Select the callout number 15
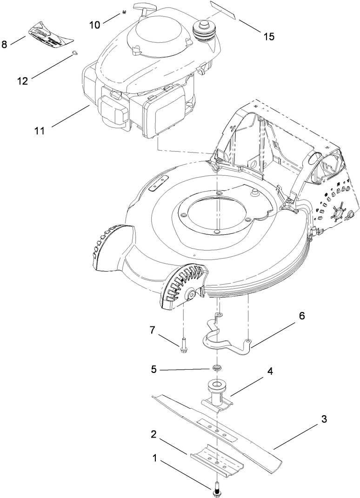[x=269, y=37]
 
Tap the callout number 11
[x=39, y=130]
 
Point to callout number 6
[x=301, y=316]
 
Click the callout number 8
[x=5, y=45]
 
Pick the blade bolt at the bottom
[x=217, y=489]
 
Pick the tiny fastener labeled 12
[x=74, y=56]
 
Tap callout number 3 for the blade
[x=324, y=419]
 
